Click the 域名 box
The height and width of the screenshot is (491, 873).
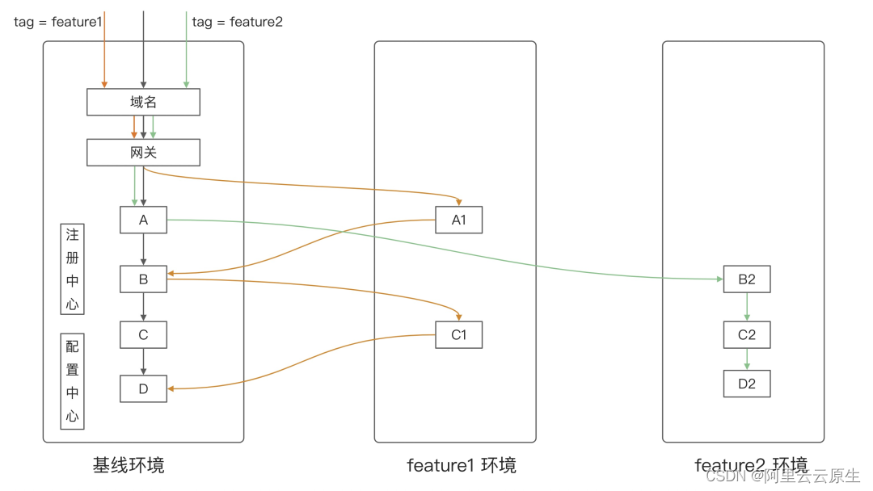coord(143,103)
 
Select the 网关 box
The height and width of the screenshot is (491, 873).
coord(143,153)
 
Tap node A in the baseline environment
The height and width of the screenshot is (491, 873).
coord(143,220)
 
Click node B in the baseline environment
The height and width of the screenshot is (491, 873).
coord(143,279)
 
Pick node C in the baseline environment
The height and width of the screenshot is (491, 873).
coord(143,335)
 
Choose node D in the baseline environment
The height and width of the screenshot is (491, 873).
coord(143,389)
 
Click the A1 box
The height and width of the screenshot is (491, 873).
coord(458,220)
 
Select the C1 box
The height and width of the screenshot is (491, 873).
coord(458,335)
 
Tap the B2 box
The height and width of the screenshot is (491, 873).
coord(746,279)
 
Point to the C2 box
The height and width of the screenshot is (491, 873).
coord(746,335)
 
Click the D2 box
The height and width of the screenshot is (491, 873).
coord(746,384)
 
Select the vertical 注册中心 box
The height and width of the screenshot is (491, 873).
coord(73,269)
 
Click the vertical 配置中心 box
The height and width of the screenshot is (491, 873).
coord(73,381)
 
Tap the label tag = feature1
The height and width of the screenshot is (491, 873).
coord(57,23)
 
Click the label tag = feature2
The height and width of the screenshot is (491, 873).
coord(238,23)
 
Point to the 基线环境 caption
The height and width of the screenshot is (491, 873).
coord(129,466)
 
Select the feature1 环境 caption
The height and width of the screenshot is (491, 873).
coord(461,466)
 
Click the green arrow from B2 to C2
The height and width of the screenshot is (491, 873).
coord(746,307)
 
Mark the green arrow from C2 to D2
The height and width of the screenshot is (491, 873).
coord(746,359)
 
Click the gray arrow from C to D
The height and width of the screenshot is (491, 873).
coord(143,362)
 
